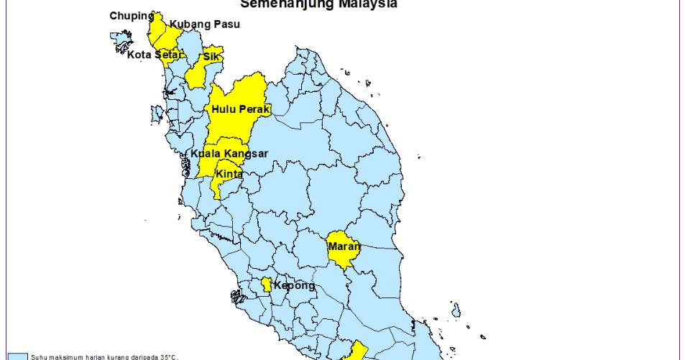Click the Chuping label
(x=132, y=16)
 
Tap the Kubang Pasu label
(x=204, y=24)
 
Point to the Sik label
(x=211, y=56)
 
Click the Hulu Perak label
(x=241, y=109)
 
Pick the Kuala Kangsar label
(x=229, y=154)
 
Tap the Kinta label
(x=229, y=174)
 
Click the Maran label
(x=344, y=246)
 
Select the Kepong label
(x=294, y=286)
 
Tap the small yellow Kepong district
(x=267, y=285)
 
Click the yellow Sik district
(x=195, y=76)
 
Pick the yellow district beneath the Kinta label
(x=221, y=186)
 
